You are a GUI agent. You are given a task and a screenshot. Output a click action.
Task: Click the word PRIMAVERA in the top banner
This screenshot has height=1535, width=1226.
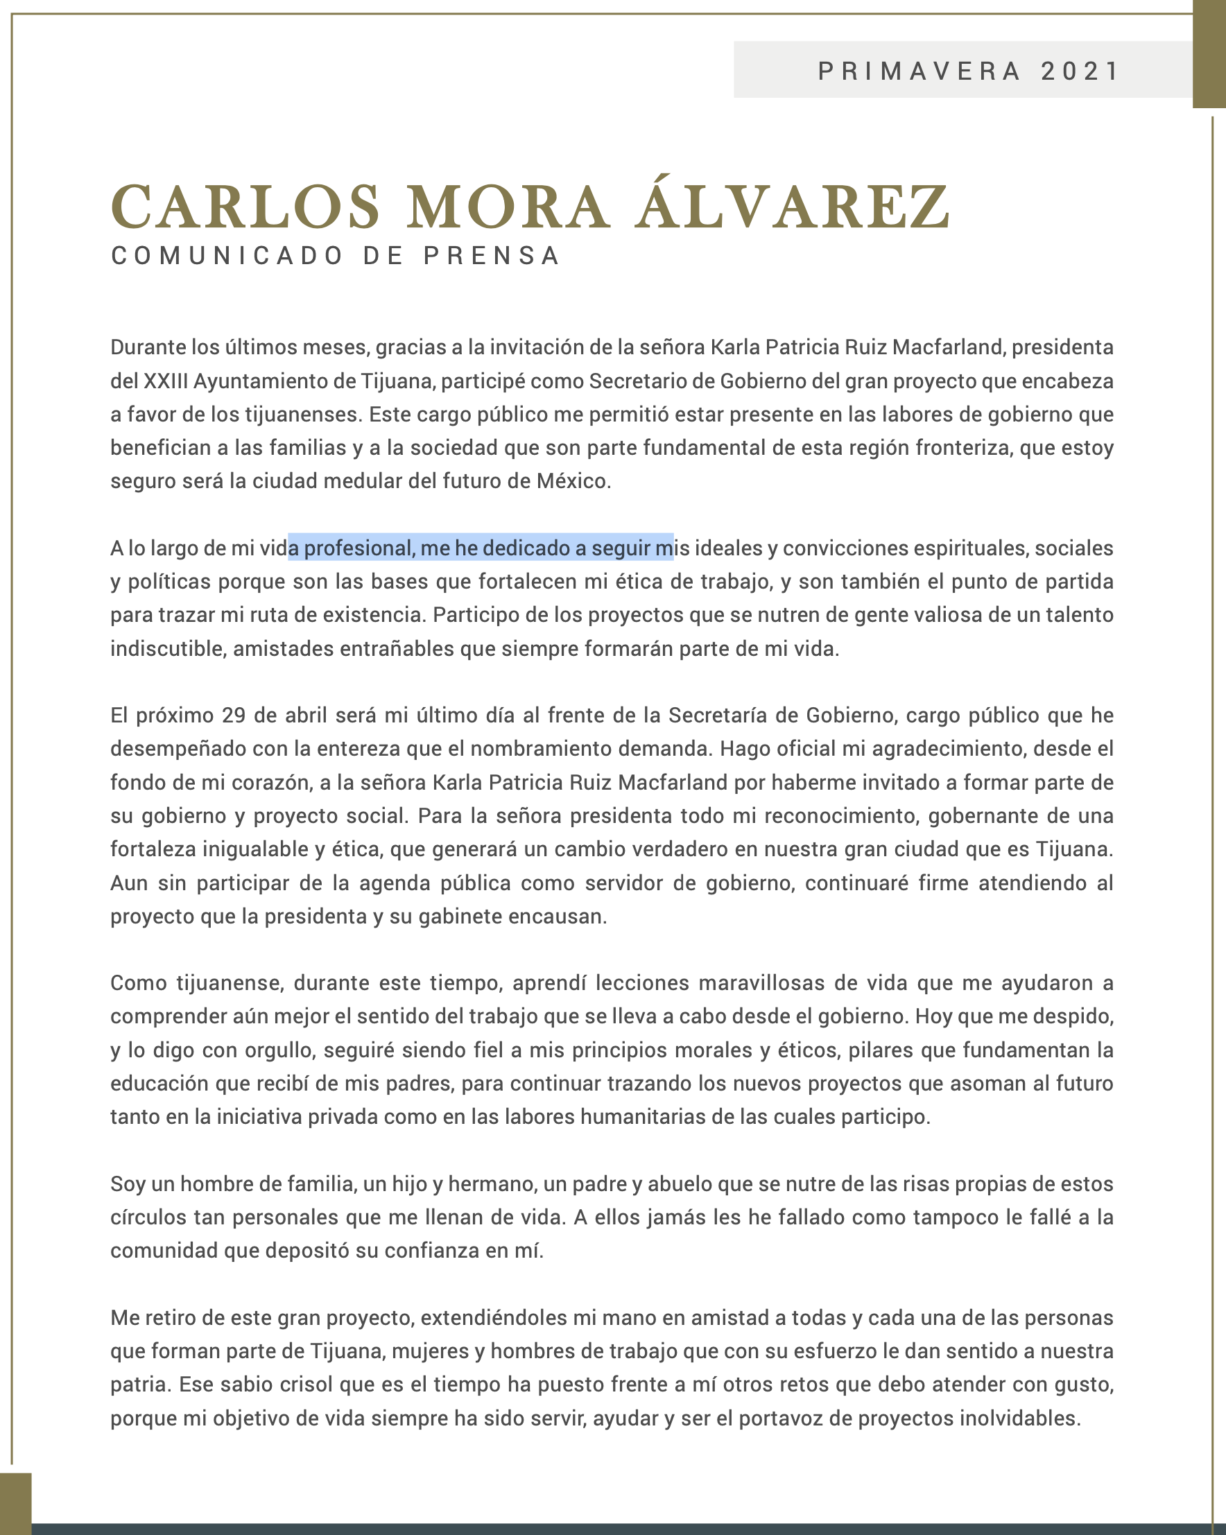click(919, 71)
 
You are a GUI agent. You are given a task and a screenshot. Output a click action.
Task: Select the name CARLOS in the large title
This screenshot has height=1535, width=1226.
click(245, 207)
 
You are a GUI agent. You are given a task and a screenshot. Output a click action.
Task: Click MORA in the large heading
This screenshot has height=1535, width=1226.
click(508, 207)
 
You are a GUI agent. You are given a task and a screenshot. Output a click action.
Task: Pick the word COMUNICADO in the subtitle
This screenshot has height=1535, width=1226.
click(227, 256)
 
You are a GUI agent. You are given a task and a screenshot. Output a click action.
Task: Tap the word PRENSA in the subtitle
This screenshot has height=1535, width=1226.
click(492, 256)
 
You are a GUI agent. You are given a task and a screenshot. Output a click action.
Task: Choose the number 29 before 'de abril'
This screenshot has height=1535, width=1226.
click(234, 715)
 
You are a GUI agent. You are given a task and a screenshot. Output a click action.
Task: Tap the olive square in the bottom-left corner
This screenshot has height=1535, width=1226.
click(16, 1504)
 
